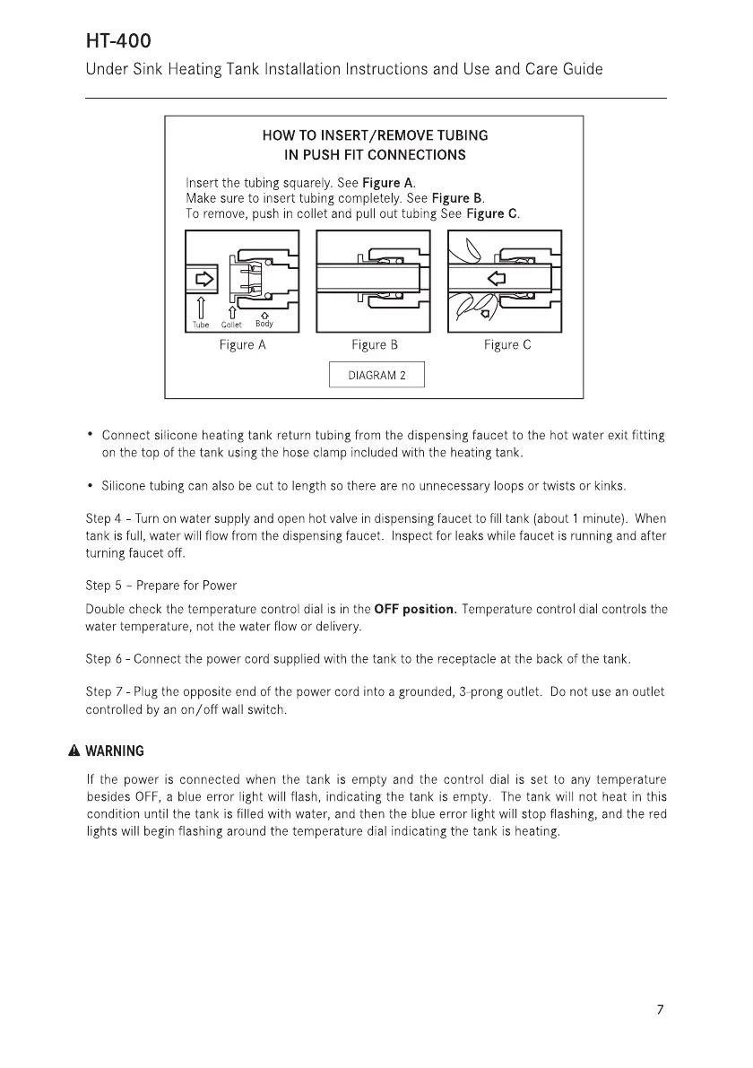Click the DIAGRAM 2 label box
coord(376,376)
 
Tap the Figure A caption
coord(243,345)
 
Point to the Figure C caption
coord(507,345)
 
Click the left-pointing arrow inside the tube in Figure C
coord(495,278)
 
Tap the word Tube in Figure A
coord(201,326)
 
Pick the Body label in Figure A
coord(264,324)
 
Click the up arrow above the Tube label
coord(201,308)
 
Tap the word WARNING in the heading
coord(124,751)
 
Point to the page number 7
coord(660,1011)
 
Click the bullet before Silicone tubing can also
coord(91,485)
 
